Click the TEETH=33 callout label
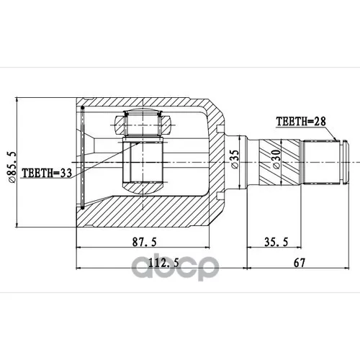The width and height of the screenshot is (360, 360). click(x=47, y=173)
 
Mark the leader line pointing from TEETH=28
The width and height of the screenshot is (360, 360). click(x=333, y=134)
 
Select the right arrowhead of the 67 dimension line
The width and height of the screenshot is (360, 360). click(x=348, y=270)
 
